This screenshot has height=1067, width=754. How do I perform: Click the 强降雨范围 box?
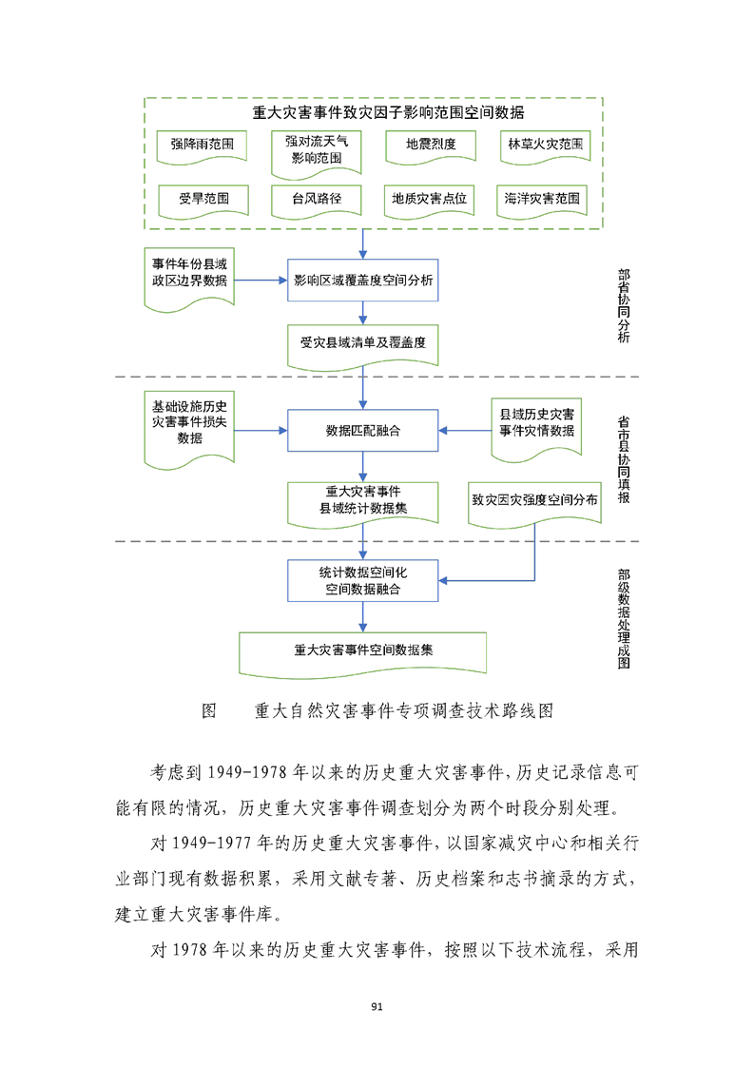click(202, 145)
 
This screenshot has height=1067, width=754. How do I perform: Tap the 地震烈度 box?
click(430, 145)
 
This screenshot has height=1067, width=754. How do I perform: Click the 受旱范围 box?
click(202, 200)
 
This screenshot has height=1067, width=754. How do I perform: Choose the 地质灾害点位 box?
click(430, 200)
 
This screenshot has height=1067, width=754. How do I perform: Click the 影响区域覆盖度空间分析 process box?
click(363, 281)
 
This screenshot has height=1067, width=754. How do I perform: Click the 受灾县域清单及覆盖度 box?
click(363, 344)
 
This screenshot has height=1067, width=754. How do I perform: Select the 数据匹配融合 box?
click(363, 431)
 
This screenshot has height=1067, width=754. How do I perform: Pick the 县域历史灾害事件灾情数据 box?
click(537, 424)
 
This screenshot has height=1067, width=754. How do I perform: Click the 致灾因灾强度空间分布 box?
click(534, 500)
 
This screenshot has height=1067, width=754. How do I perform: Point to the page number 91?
click(377, 1006)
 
